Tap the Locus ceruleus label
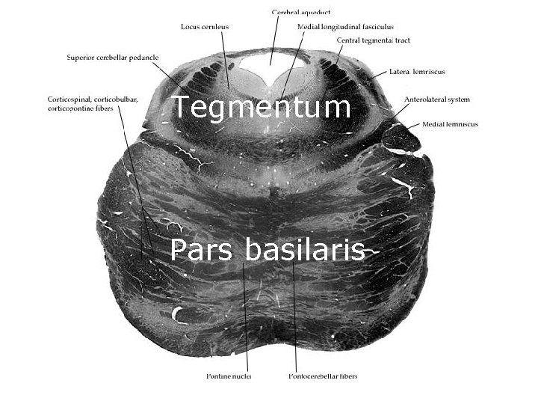[205, 26]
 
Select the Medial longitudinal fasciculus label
[345, 26]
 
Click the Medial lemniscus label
[450, 124]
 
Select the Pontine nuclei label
[229, 376]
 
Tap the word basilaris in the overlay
[304, 250]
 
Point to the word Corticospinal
[69, 100]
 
